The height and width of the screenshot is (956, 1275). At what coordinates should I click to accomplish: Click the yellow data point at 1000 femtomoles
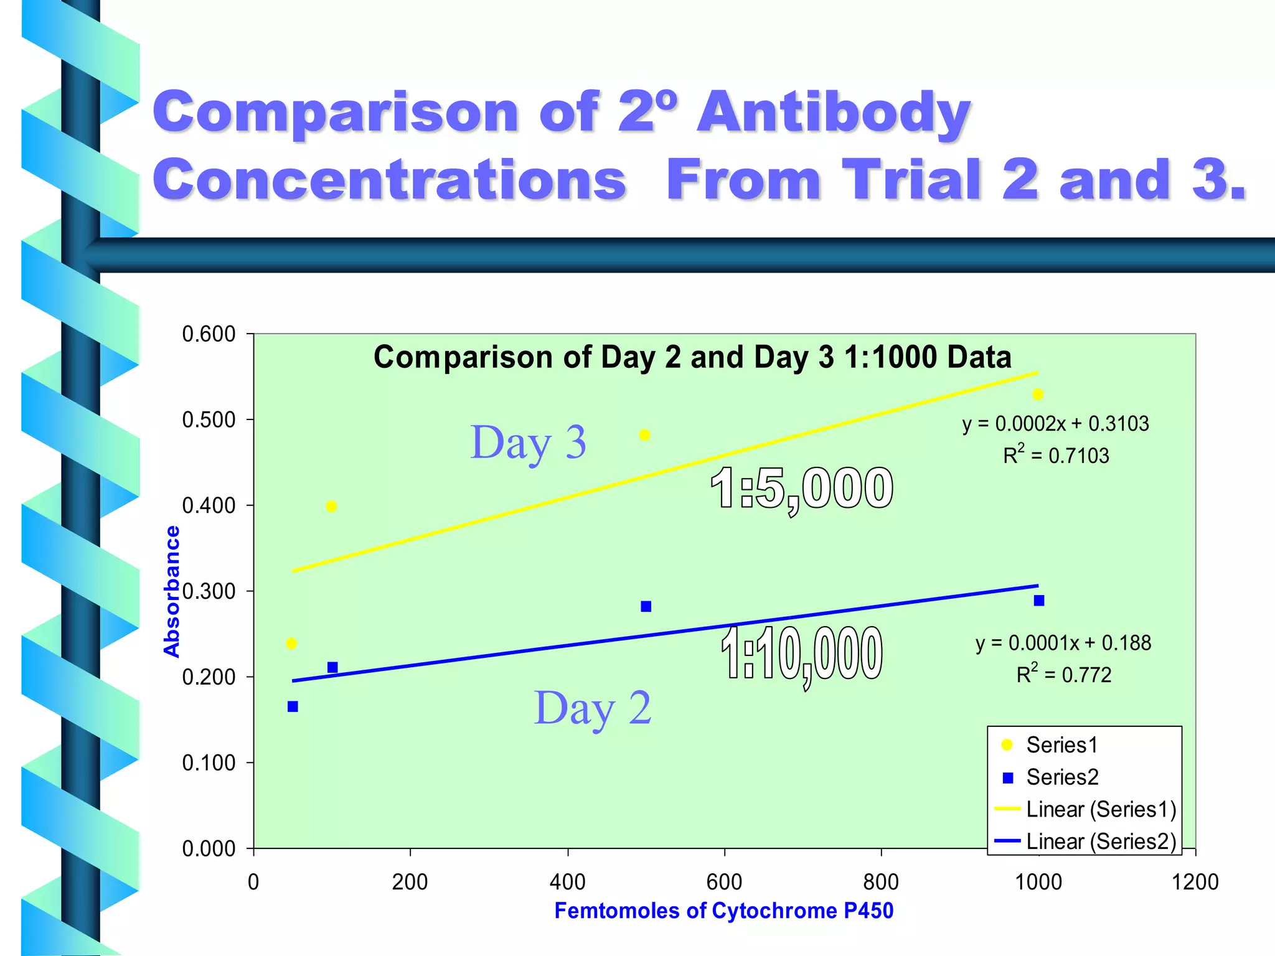point(1038,395)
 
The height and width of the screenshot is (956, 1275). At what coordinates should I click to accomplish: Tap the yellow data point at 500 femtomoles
point(645,435)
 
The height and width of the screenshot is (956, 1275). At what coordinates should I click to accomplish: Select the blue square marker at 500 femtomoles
point(646,606)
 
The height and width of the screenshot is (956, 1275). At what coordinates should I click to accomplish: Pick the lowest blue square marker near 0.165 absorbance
point(293,706)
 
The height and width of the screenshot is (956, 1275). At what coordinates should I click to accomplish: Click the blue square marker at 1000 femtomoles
point(1039,601)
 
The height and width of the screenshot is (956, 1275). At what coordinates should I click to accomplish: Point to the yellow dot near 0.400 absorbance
point(331,507)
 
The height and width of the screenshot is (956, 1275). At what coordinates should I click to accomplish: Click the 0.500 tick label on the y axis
point(209,420)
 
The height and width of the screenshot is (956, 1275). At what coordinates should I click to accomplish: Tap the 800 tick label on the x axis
point(881,882)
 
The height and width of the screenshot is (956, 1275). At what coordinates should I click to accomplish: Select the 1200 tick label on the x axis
point(1195,882)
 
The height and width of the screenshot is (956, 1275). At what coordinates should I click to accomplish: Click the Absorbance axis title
point(171,591)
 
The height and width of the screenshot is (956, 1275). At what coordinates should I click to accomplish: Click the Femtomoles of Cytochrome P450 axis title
point(723,911)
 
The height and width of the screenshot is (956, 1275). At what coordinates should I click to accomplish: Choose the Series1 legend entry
point(1061,745)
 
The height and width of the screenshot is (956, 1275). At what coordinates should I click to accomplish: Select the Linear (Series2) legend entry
point(1101,841)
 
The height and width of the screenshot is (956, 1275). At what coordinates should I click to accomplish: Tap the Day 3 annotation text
point(528,443)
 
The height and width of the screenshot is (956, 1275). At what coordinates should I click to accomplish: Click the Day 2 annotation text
point(592,708)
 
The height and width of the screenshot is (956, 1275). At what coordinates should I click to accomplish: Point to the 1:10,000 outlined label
point(802,654)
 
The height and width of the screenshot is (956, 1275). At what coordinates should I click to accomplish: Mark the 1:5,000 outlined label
point(802,489)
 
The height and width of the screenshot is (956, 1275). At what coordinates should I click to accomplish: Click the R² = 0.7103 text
point(1056,456)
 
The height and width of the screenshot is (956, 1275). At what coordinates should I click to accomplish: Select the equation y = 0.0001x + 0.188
point(1063,643)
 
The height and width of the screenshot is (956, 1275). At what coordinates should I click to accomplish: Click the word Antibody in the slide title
point(833,112)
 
